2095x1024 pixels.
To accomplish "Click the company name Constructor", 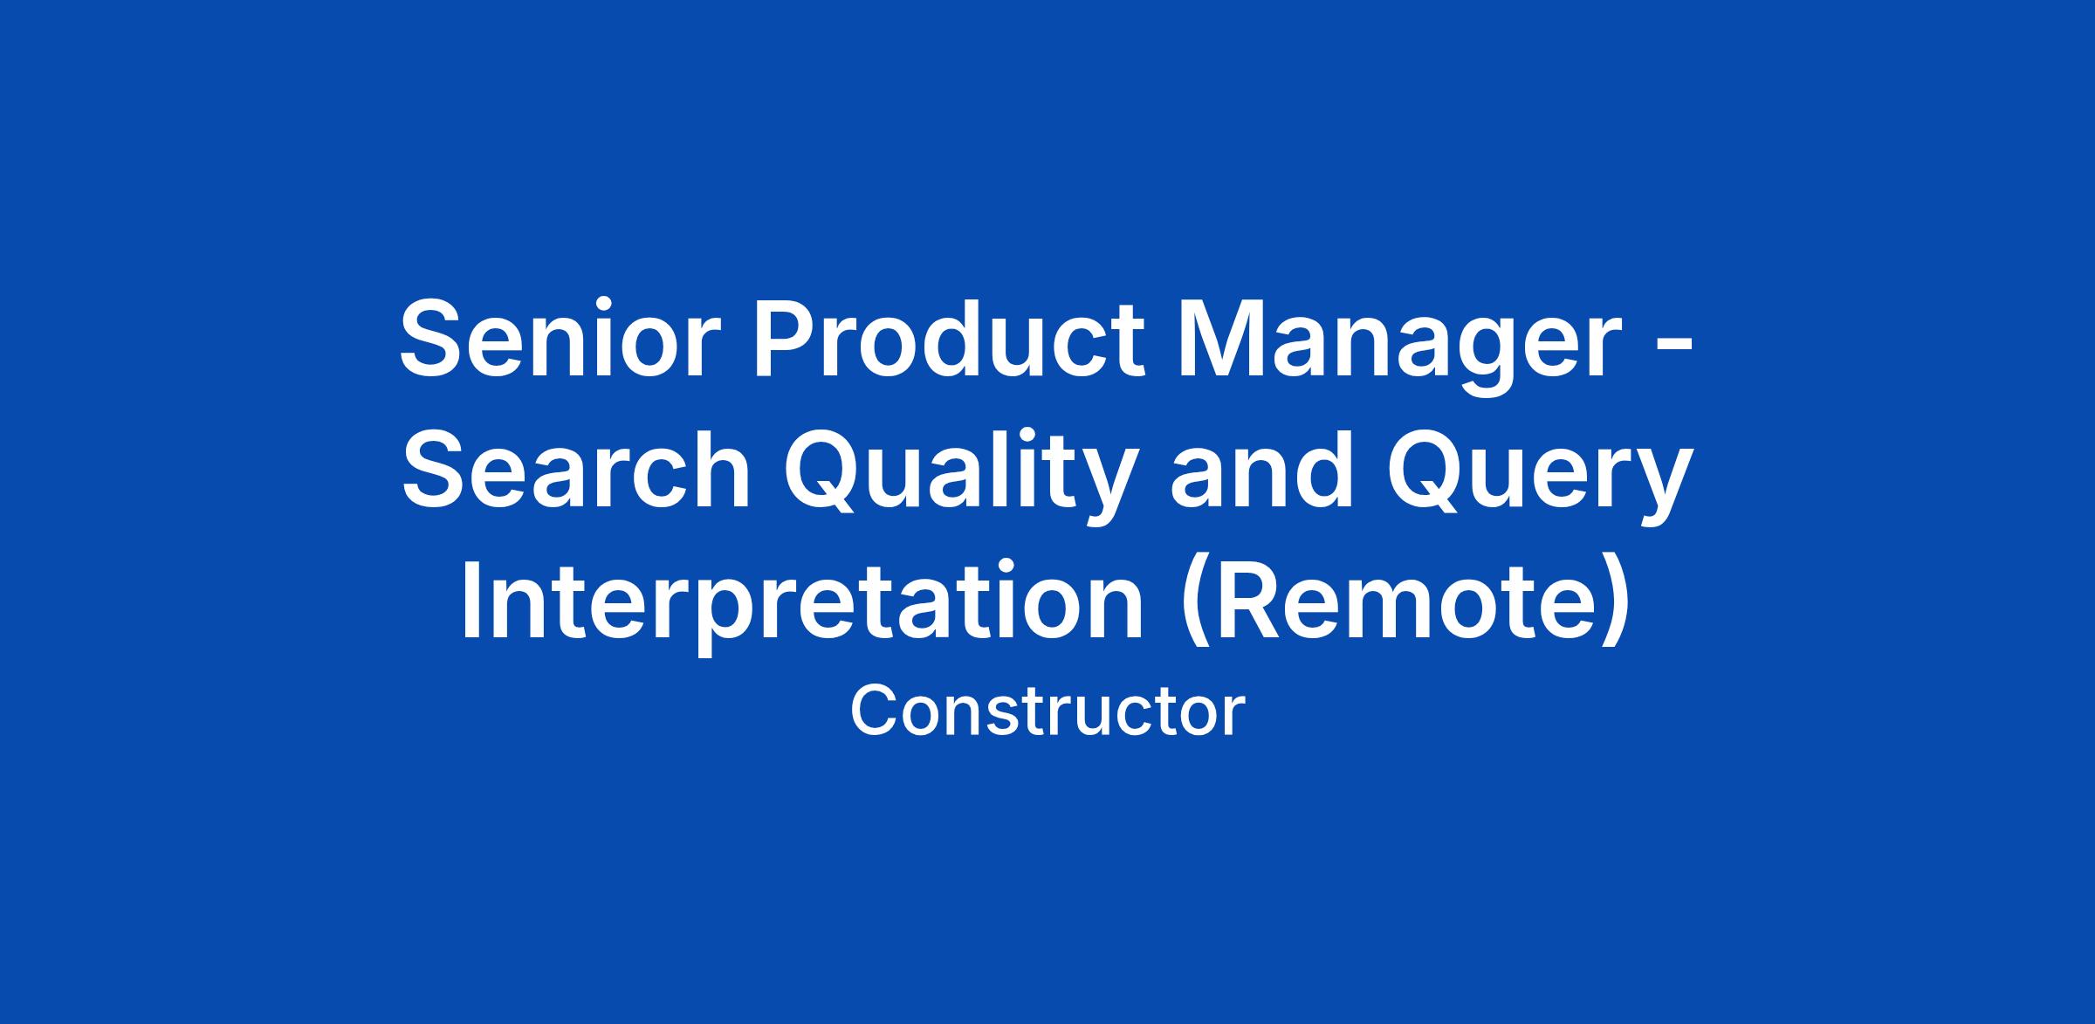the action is coord(1047,711).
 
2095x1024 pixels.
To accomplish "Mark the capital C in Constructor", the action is coord(874,711).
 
